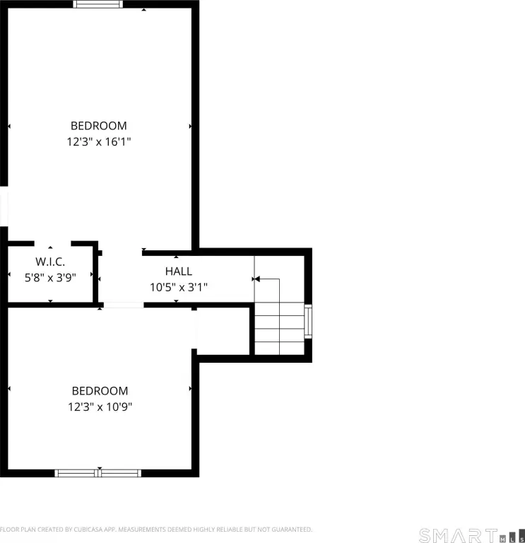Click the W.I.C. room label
tap(50, 262)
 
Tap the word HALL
tap(179, 271)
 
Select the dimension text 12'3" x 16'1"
tap(99, 141)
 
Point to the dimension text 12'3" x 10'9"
tap(100, 407)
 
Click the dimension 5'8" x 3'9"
tap(50, 277)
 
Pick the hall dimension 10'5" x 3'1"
tap(179, 287)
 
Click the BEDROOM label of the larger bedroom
tap(99, 126)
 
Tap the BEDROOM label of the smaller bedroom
tap(100, 390)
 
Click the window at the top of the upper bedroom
tap(98, 4)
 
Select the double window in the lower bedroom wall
tap(98, 473)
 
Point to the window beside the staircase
tap(307, 322)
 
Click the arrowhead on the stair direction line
tap(257, 279)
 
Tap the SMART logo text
tap(458, 535)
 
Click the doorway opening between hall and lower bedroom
tap(124, 305)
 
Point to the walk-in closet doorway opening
tap(52, 243)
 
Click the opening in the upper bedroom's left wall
tap(4, 206)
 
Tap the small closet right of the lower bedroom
tap(223, 331)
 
